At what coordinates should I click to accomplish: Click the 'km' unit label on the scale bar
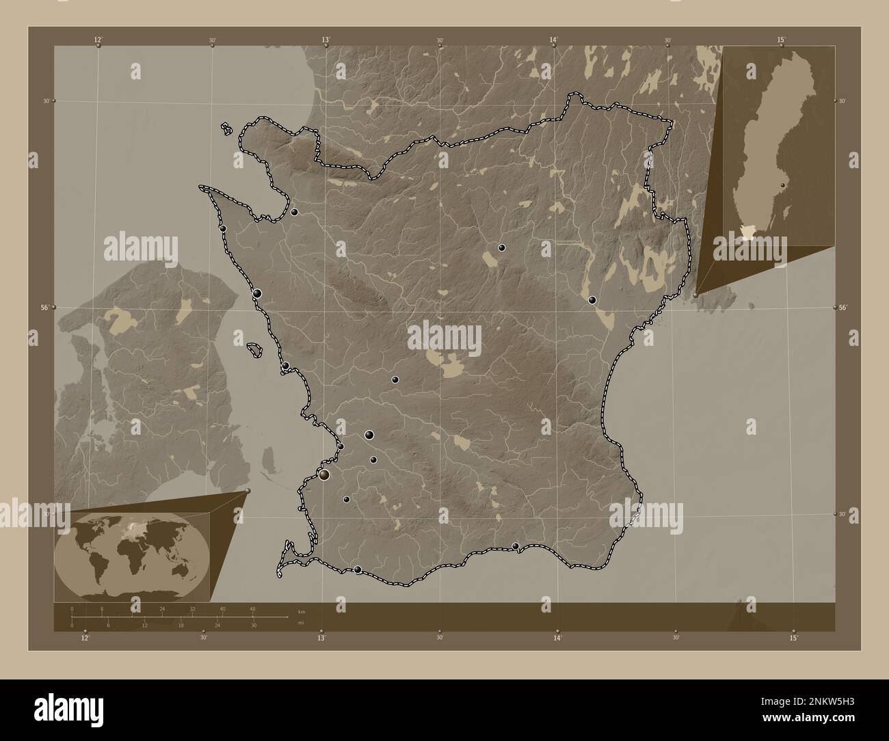302,610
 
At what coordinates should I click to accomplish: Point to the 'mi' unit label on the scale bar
302,623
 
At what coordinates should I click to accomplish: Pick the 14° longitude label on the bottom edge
557,638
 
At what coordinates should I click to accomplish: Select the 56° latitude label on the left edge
44,308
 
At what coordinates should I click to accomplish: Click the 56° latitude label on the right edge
844,308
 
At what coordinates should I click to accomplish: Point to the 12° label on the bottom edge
85,638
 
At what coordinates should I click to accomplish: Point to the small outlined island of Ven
254,350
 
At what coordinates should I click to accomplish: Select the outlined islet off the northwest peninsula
226,128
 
